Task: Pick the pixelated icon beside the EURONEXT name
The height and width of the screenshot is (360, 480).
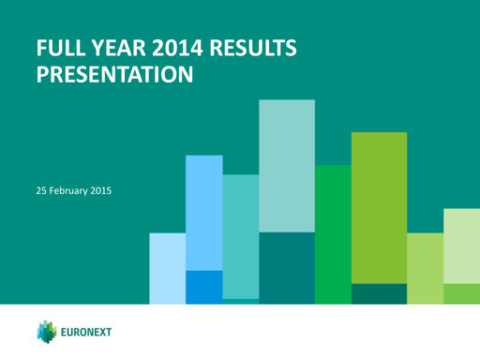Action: click(x=49, y=332)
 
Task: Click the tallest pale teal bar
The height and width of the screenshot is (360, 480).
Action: click(x=286, y=165)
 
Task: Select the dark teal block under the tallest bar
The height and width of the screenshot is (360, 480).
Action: click(x=286, y=267)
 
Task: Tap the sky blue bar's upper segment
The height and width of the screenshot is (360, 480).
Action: click(x=203, y=212)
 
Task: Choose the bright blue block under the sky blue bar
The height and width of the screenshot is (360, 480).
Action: click(x=203, y=286)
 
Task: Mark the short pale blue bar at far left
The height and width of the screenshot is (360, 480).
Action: click(x=167, y=267)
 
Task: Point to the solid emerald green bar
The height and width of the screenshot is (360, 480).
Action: click(x=332, y=233)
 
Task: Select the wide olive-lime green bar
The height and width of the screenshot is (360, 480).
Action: click(x=378, y=206)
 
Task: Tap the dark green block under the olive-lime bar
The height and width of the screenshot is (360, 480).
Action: click(x=378, y=293)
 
